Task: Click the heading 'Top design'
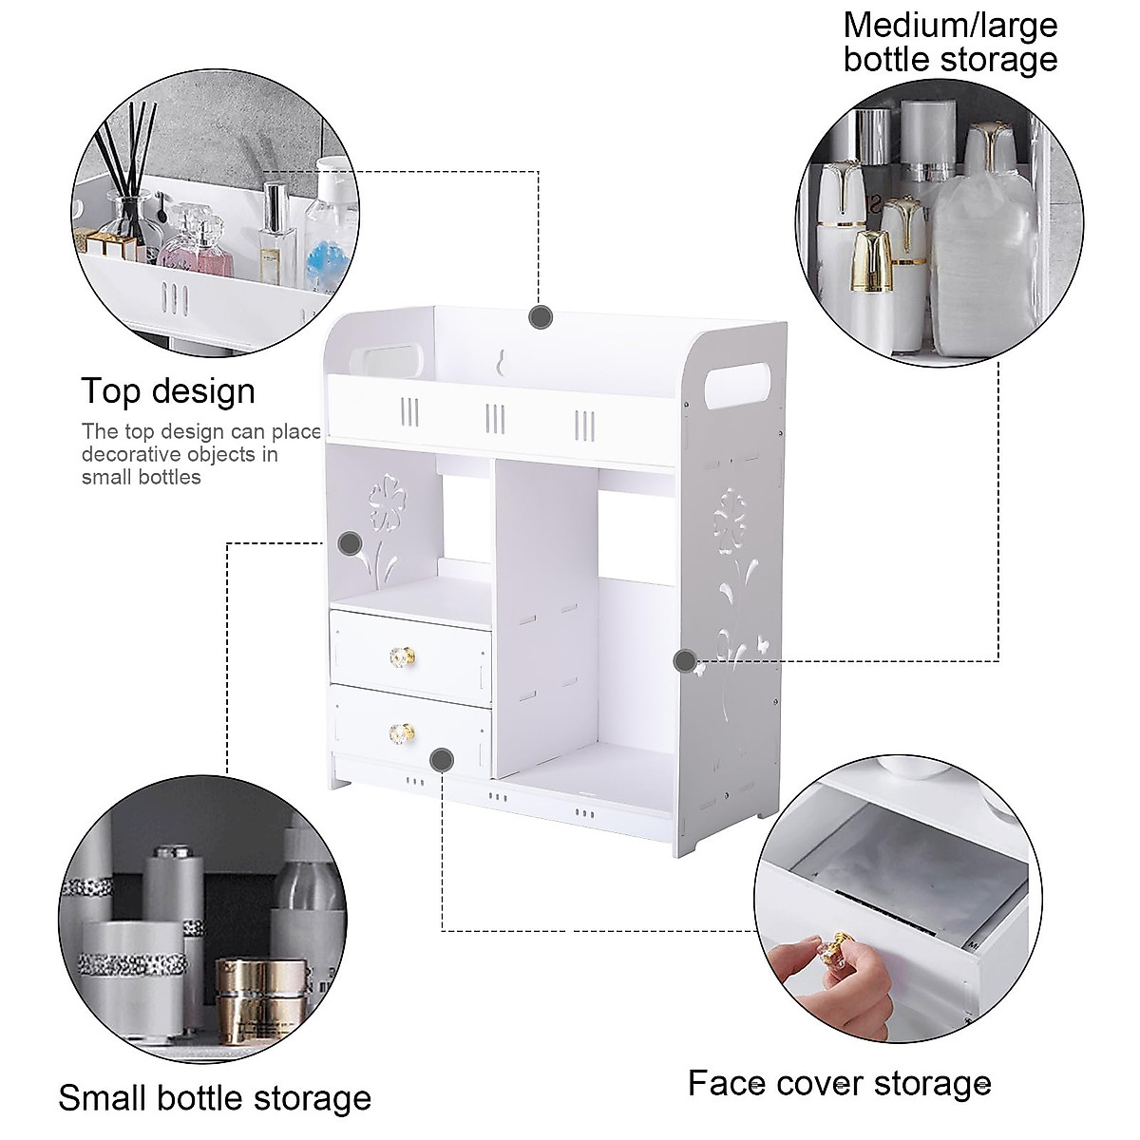[x=167, y=391]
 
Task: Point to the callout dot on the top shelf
[x=541, y=317]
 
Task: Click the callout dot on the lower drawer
[x=441, y=758]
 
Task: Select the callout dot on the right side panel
[x=684, y=660]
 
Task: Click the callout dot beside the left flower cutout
[x=350, y=544]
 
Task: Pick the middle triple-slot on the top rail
[x=495, y=418]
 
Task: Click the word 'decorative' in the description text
[x=126, y=454]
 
